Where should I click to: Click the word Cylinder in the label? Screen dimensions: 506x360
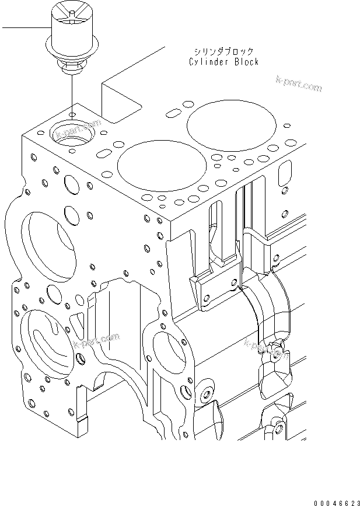click(208, 61)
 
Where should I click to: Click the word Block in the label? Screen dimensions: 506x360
click(244, 61)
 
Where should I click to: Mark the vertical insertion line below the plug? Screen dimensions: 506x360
click(72, 90)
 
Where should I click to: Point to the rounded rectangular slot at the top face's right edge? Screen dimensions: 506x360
click(285, 173)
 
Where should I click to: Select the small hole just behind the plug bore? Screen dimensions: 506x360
click(72, 113)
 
